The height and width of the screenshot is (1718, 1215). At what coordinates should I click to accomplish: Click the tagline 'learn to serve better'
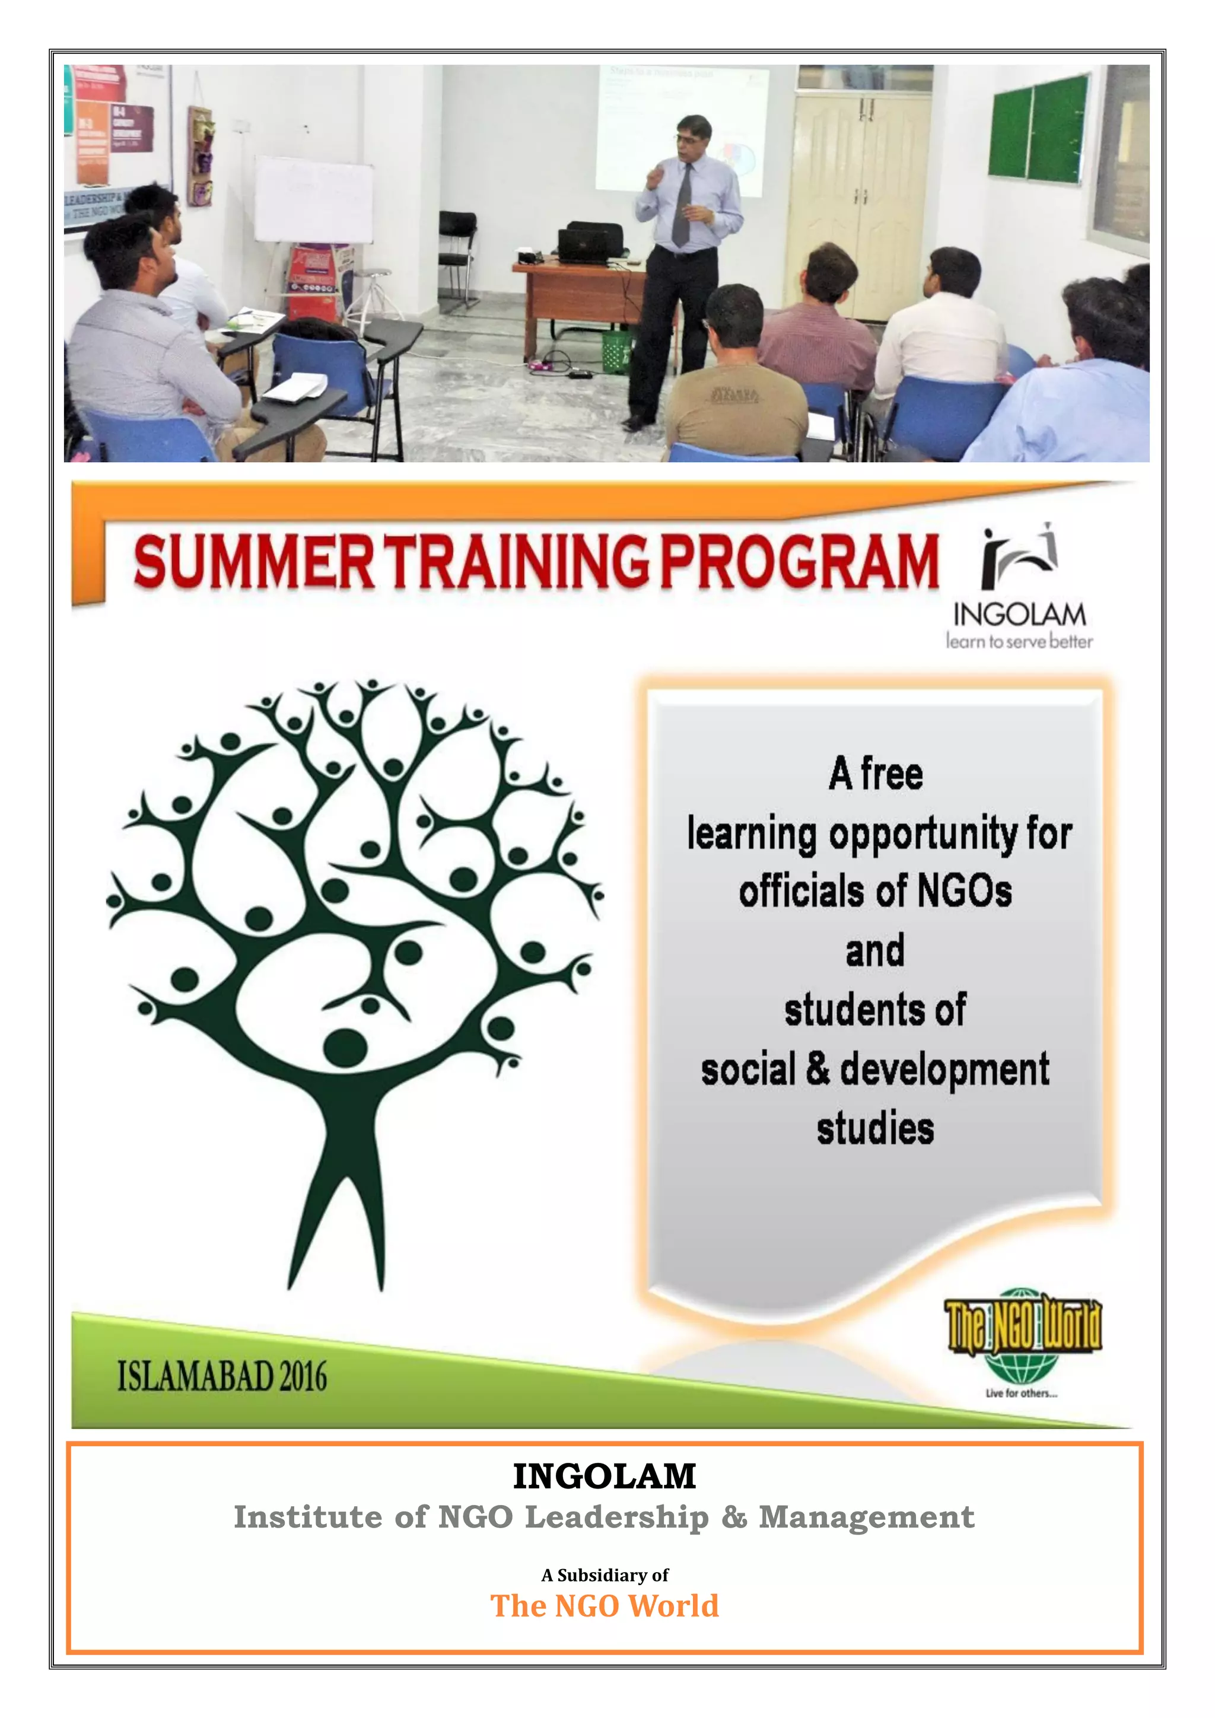pos(1019,642)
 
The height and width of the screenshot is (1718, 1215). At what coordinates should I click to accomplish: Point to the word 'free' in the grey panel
pos(891,774)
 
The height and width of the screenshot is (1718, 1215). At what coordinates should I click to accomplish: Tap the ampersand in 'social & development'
pos(818,1068)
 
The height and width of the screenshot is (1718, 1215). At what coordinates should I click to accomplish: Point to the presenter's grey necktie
pos(683,206)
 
